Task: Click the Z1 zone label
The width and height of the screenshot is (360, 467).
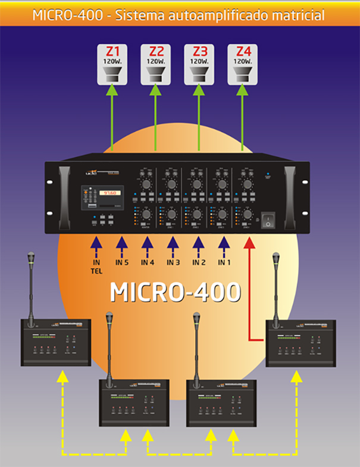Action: tap(112, 51)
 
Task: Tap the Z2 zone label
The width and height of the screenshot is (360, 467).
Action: tap(156, 51)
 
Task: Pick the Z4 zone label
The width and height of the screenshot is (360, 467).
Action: tap(242, 51)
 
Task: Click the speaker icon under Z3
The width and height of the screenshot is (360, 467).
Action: tap(199, 74)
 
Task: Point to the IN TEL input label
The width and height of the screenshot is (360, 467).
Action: tap(95, 267)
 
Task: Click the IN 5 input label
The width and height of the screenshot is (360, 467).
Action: tap(121, 262)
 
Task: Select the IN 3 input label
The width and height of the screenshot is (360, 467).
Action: tap(173, 262)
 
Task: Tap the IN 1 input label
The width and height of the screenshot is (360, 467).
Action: tap(224, 262)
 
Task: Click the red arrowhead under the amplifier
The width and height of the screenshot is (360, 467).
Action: tap(249, 243)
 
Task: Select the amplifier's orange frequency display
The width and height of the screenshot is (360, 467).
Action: tap(109, 193)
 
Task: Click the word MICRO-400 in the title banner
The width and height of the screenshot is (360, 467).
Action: tap(67, 14)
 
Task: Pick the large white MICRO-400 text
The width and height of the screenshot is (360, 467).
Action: tap(176, 293)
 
